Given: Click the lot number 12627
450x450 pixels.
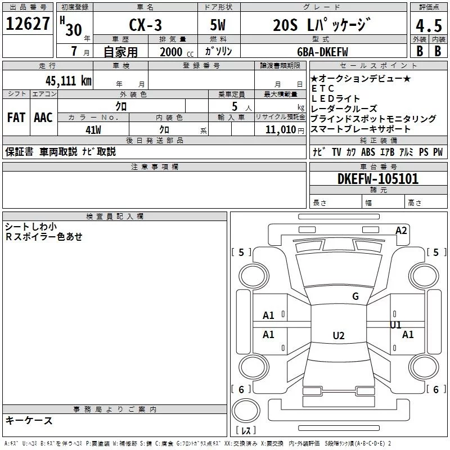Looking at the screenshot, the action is point(28,24).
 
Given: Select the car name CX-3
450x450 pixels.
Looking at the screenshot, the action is point(145,25).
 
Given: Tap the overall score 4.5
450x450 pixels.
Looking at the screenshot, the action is point(429,25).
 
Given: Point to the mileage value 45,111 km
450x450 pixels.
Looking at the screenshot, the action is point(68,80).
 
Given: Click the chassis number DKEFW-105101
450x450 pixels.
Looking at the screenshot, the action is point(378,179).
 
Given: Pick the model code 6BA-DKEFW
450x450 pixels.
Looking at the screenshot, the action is point(322,52).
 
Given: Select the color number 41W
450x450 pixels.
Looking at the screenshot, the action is point(93,130).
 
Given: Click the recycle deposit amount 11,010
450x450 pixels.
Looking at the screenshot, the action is point(281,130).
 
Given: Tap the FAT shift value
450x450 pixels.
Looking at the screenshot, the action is point(16,118).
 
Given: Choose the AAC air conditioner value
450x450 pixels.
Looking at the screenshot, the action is point(43,118).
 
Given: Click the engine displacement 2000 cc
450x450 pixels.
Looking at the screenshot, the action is point(177,52).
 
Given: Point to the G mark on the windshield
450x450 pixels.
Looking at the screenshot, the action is point(355,296).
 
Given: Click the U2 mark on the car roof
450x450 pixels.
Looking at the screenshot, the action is point(339,335).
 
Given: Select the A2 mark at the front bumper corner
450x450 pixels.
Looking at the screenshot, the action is point(401,231).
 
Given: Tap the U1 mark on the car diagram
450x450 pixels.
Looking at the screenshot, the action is point(395,325).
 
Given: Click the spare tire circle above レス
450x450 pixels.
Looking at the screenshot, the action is point(246,411).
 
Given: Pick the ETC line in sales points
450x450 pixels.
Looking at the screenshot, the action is point(322,88).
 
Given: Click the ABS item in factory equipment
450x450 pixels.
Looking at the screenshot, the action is point(368,152).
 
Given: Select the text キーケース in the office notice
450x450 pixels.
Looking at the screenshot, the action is point(29,420).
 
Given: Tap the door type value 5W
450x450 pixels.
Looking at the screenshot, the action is point(218,25).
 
